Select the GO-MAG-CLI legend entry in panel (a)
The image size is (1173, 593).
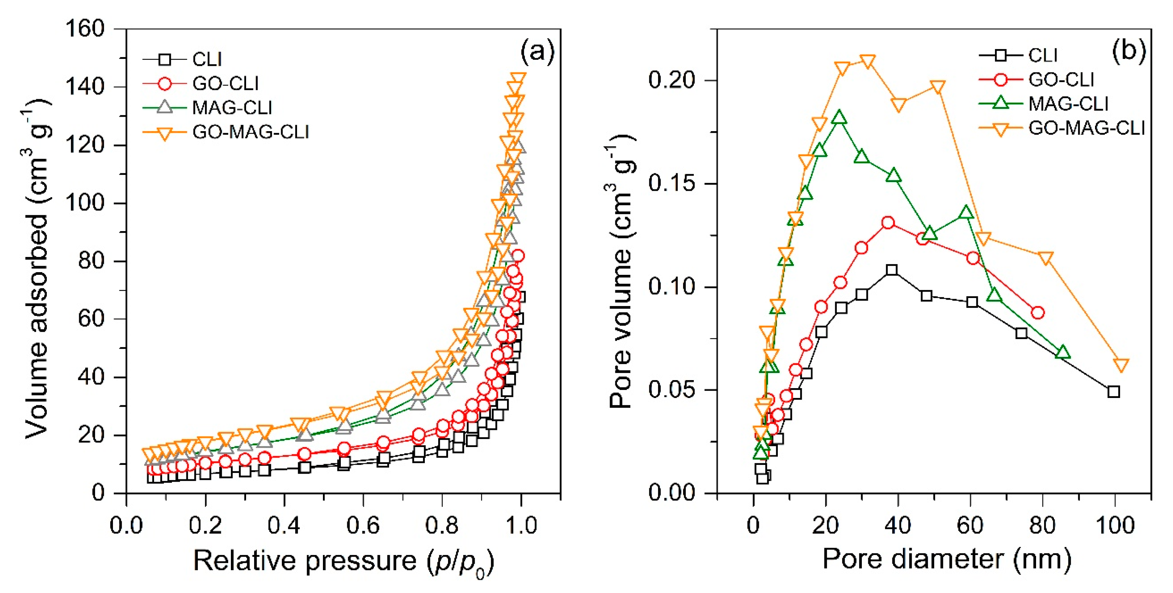pos(250,132)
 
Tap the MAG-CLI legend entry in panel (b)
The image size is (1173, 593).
pos(1068,104)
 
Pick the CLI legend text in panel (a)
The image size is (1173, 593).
pos(207,59)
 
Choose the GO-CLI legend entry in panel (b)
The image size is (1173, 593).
pos(1061,80)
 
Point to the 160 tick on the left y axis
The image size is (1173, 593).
pos(85,29)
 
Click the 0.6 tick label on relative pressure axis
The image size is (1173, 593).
pos(363,526)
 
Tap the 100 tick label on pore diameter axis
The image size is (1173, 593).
pos(1115,526)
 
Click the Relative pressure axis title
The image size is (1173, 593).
pos(344,561)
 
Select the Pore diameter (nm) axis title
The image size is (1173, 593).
pos(946,559)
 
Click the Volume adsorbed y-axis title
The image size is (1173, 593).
pos(37,268)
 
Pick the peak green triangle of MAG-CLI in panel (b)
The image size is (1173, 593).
pos(839,118)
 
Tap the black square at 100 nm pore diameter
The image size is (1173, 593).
pos(1113,392)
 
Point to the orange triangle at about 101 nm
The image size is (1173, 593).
pos(1121,365)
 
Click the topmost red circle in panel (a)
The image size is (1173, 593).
pos(518,256)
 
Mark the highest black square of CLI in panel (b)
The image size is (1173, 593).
pos(892,270)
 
